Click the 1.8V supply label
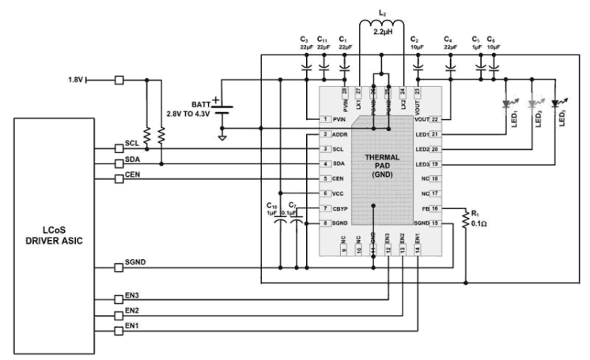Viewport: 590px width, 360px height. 76,80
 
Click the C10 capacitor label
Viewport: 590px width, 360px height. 271,206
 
